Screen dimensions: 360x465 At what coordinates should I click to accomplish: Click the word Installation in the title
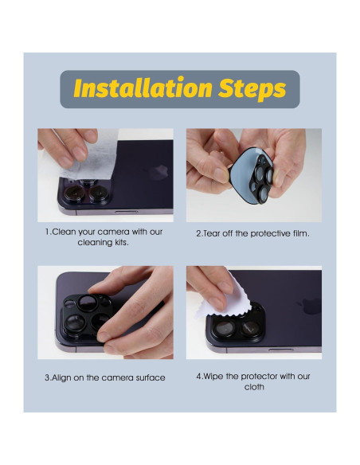pyautogui.click(x=143, y=88)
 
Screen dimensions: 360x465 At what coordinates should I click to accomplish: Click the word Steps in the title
pyautogui.click(x=252, y=88)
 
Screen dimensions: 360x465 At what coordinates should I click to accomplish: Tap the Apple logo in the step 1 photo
pyautogui.click(x=159, y=173)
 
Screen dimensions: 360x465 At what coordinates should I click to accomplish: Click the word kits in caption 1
pyautogui.click(x=121, y=243)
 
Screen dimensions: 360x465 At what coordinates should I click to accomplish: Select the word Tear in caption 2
pyautogui.click(x=211, y=233)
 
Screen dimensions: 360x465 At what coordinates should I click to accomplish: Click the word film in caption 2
pyautogui.click(x=302, y=233)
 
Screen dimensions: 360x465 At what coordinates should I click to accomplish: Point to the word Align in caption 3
pyautogui.click(x=61, y=378)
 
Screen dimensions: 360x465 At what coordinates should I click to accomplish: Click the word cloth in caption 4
pyautogui.click(x=254, y=387)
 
